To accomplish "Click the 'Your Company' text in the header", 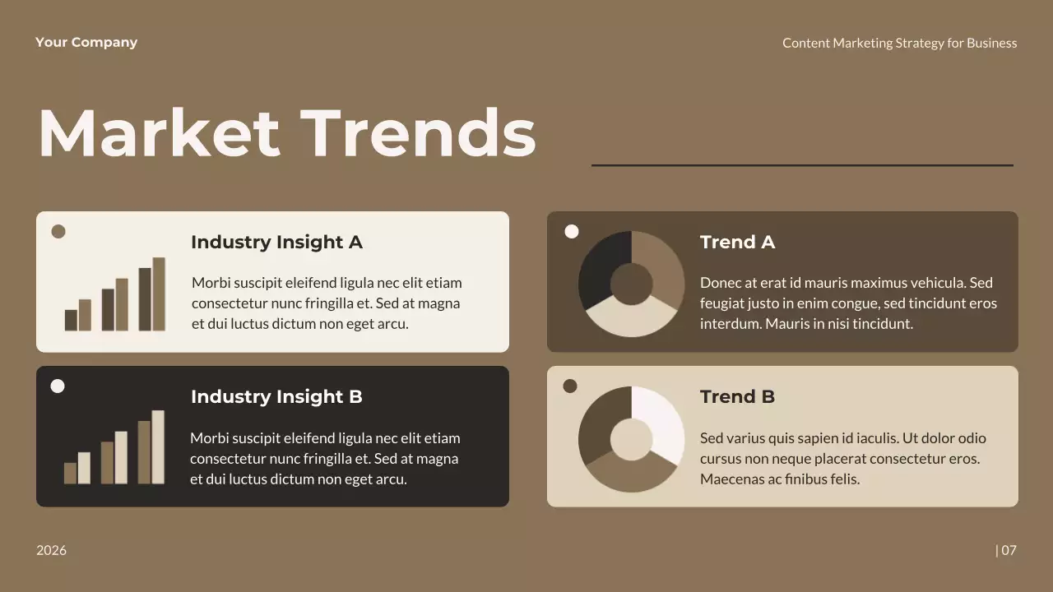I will tap(86, 43).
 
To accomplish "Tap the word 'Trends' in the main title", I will tap(418, 133).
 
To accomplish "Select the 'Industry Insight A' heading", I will tap(276, 243).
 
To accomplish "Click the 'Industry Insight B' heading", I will tap(276, 397).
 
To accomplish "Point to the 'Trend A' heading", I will tap(737, 243).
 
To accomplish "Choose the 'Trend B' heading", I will tap(737, 397).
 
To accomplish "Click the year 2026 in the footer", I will tap(51, 550).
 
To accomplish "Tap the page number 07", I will tap(1008, 550).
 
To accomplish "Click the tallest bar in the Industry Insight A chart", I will tap(159, 294).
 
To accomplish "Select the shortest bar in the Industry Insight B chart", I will tap(70, 473).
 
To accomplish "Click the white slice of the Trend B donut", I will tap(660, 421).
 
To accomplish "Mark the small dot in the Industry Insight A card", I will tap(58, 232).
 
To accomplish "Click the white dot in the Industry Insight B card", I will tap(58, 386).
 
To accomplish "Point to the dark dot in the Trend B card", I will tap(570, 386).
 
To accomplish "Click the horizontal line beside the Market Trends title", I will tap(802, 165).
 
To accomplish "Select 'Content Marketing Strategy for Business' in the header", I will tap(899, 43).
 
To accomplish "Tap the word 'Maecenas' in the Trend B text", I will tap(732, 479).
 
